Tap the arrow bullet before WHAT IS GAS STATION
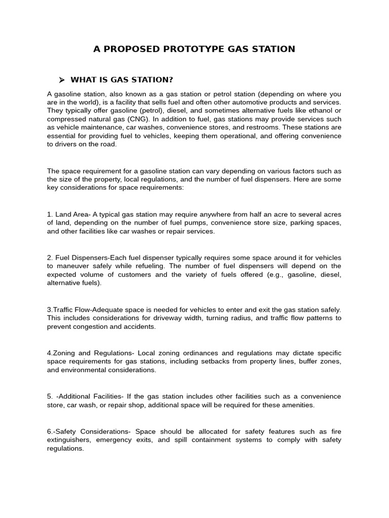pyautogui.click(x=62, y=80)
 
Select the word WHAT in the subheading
pyautogui.click(x=83, y=80)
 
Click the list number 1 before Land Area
pyautogui.click(x=49, y=214)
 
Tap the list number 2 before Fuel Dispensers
pyautogui.click(x=49, y=257)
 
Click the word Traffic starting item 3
pyautogui.click(x=64, y=310)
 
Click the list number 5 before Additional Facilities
pyautogui.click(x=49, y=397)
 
